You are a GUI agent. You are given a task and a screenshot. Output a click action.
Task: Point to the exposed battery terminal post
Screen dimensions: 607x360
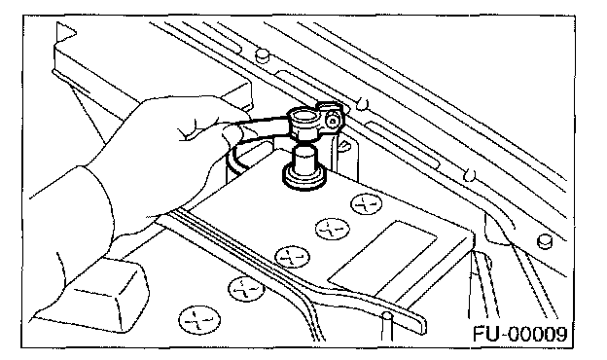click(x=304, y=160)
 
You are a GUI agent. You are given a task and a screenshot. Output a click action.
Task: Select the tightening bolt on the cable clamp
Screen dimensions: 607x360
click(x=332, y=122)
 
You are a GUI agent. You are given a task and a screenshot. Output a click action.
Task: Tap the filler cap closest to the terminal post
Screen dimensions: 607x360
click(x=366, y=203)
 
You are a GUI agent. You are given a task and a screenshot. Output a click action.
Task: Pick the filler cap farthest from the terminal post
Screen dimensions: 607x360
click(x=199, y=320)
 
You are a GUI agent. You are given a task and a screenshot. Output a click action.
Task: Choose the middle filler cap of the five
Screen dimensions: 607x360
click(x=292, y=257)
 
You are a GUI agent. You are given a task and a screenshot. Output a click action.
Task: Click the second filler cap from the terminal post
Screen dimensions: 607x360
click(x=333, y=229)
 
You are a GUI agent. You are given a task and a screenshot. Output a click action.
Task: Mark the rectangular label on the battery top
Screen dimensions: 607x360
click(x=382, y=258)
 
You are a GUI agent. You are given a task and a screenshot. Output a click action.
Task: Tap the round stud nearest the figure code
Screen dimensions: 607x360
click(x=545, y=241)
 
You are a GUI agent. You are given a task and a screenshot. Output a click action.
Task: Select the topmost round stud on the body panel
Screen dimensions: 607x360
click(x=262, y=54)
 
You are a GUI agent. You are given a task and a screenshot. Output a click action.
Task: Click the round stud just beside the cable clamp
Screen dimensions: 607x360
click(x=362, y=102)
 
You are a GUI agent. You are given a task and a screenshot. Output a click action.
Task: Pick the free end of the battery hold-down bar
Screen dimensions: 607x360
click(x=420, y=324)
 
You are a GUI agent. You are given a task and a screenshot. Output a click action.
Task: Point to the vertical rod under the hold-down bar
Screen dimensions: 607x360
click(x=387, y=326)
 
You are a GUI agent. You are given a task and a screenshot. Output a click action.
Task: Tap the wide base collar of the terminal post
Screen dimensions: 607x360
click(x=304, y=177)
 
